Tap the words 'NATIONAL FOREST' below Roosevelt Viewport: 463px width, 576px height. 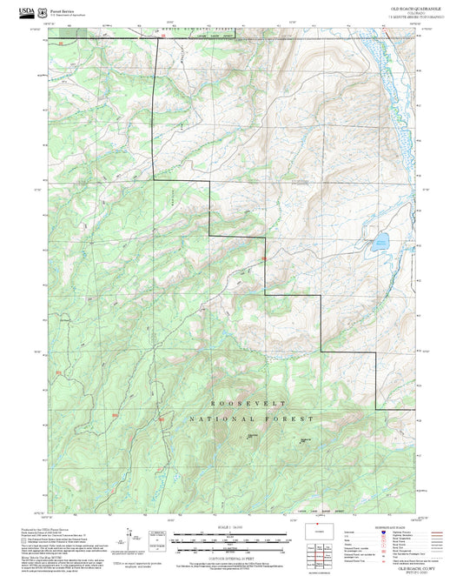click(250, 419)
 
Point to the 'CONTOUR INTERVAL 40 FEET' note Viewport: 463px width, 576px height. click(231, 556)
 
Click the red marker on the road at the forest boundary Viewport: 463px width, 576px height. click(263, 258)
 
